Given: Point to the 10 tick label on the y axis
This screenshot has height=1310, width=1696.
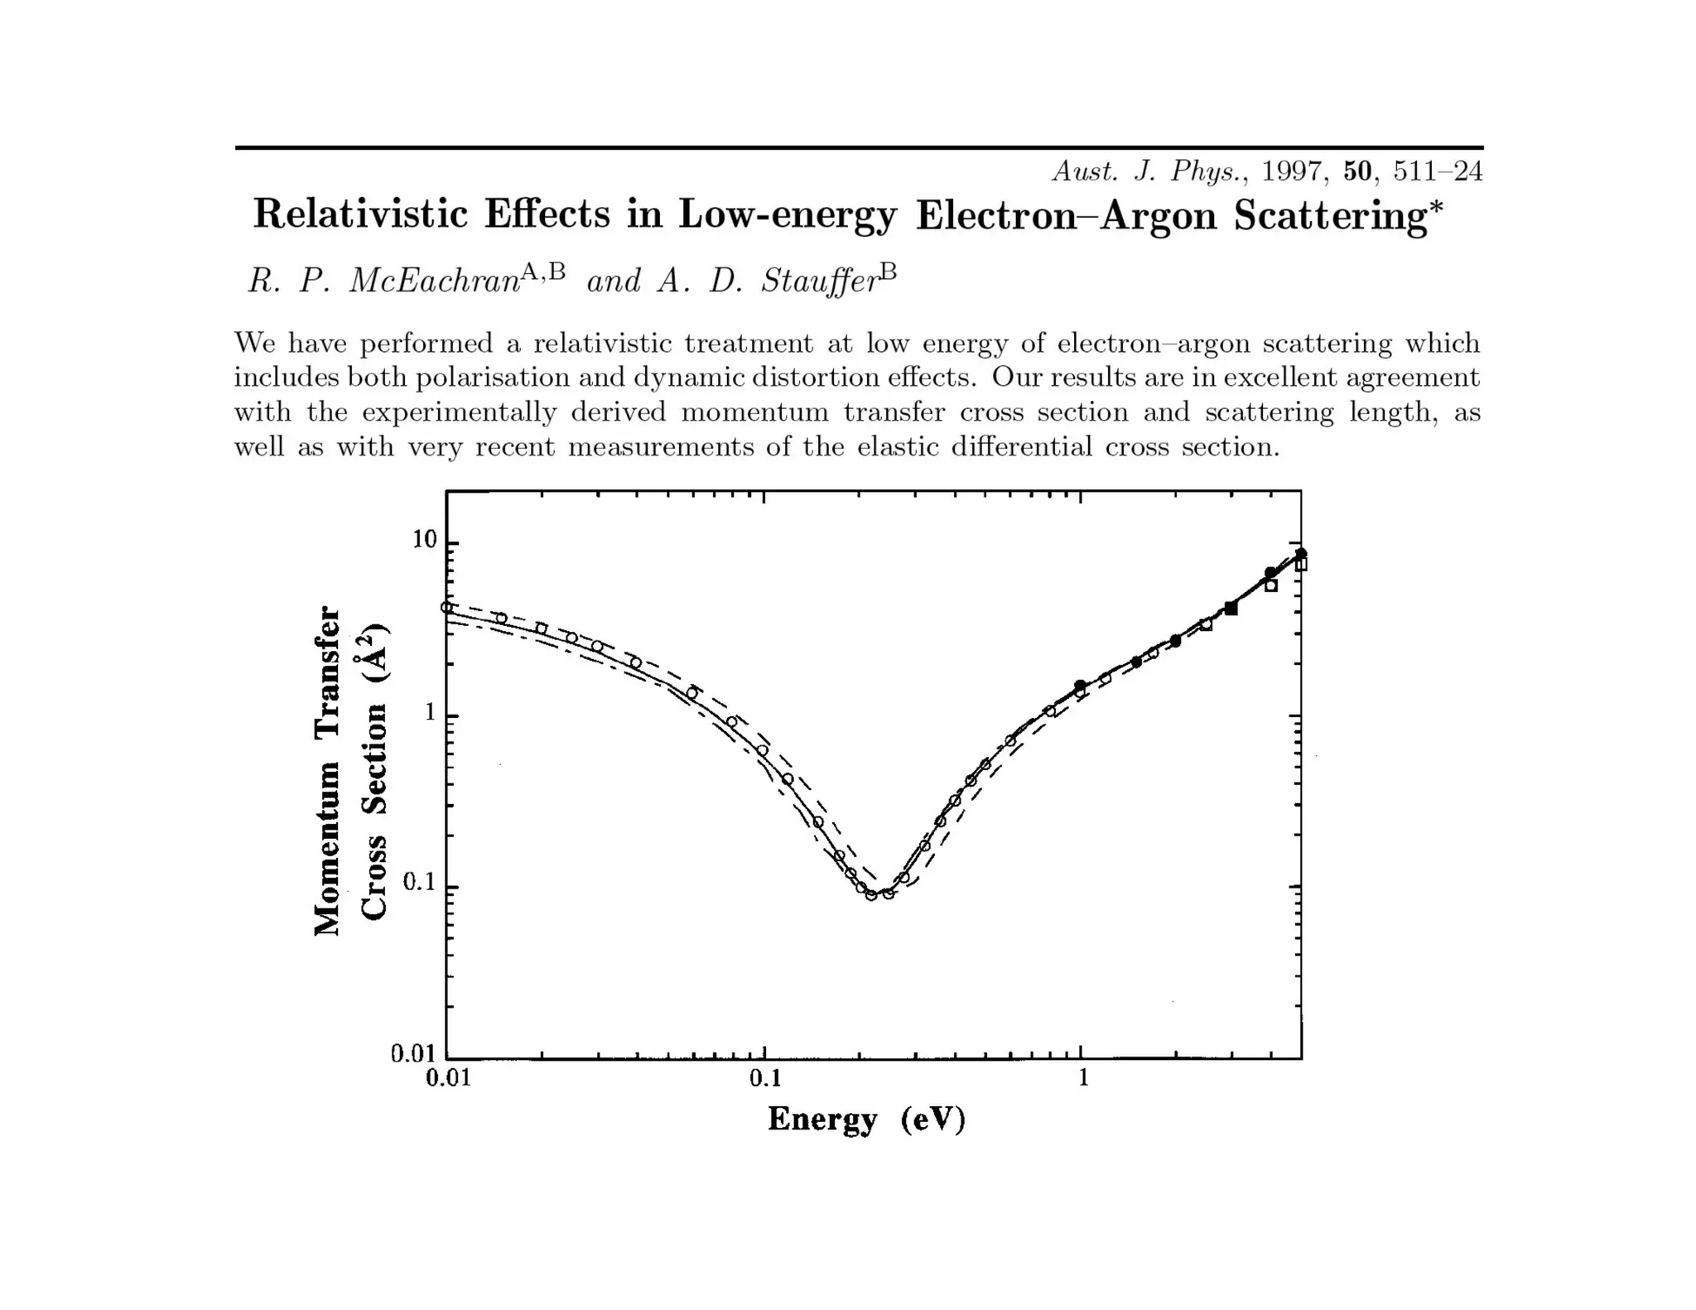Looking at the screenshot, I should (x=424, y=540).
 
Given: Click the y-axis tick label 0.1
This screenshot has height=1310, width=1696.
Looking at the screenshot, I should (x=419, y=883).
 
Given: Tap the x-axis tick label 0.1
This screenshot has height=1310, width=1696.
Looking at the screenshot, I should (x=764, y=1078).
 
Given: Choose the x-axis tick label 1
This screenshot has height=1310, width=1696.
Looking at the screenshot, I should (x=1082, y=1078).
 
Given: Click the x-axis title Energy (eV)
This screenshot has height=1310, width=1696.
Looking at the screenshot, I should (x=866, y=1120).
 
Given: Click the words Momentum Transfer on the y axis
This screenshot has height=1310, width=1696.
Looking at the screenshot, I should (x=327, y=770).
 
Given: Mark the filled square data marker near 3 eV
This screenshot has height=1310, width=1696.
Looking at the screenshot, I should (x=1231, y=609).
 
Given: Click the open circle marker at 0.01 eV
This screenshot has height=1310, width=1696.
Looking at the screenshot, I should (x=447, y=608).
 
